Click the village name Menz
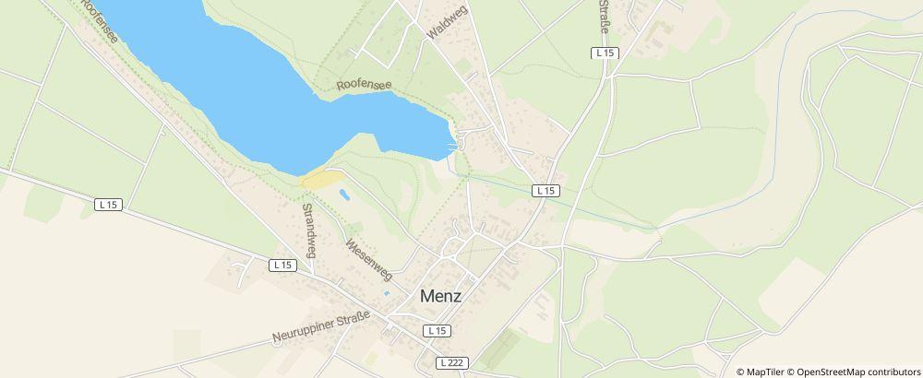coord(440,297)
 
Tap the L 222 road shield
coord(451,363)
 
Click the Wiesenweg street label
coord(368,260)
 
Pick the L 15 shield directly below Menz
coord(437,330)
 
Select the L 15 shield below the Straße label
coord(605,53)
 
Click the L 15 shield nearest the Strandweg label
coord(282,265)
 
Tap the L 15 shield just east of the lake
coord(546,191)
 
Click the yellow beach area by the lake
coord(322,179)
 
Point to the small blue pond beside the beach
coord(344,195)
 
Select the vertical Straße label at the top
coord(605,18)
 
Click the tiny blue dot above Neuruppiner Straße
coord(386,294)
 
